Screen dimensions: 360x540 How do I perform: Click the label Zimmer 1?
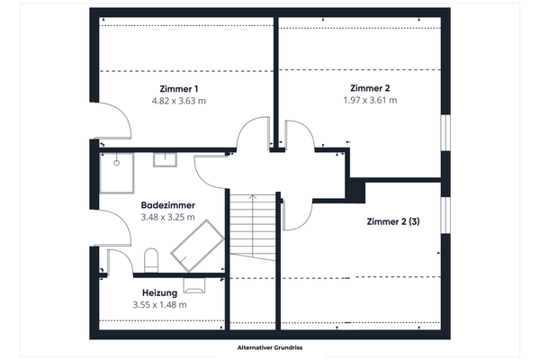point(179,88)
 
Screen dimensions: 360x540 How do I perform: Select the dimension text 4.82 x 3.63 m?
point(179,101)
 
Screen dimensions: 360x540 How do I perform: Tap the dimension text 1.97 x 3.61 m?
point(370,100)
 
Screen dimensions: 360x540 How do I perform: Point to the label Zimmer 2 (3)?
point(393,221)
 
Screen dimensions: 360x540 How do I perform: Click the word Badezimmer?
point(167,205)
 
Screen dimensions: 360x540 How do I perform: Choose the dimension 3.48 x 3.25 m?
point(167,218)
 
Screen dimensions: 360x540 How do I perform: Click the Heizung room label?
point(159,292)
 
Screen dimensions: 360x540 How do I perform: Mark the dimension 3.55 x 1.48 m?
point(159,305)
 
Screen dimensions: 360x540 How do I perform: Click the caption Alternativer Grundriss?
point(269,347)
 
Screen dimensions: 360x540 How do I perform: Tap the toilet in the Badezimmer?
point(150,262)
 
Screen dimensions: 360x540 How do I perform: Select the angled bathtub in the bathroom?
point(196,246)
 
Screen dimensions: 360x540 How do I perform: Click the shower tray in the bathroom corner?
point(115,173)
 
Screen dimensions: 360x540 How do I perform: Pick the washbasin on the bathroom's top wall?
point(165,160)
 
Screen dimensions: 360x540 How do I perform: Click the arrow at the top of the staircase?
point(253,197)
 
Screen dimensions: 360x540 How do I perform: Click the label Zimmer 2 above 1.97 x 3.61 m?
point(370,87)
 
